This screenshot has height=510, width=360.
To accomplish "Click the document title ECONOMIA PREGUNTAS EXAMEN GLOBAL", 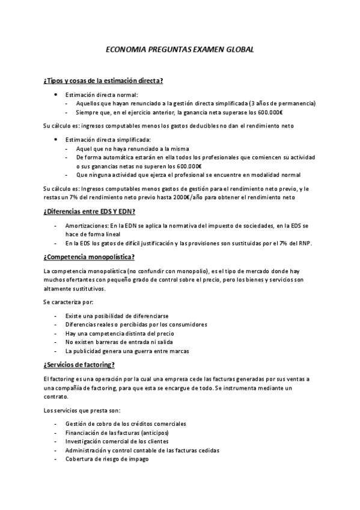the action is point(179,51).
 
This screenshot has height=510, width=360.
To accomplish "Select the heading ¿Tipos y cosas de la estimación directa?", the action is point(103,80).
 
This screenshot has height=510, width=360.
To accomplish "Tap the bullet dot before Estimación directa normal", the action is point(55,94).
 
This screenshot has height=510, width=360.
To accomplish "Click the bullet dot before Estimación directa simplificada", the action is point(55,140).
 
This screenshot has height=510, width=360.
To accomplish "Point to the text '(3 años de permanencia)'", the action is point(282,103).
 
